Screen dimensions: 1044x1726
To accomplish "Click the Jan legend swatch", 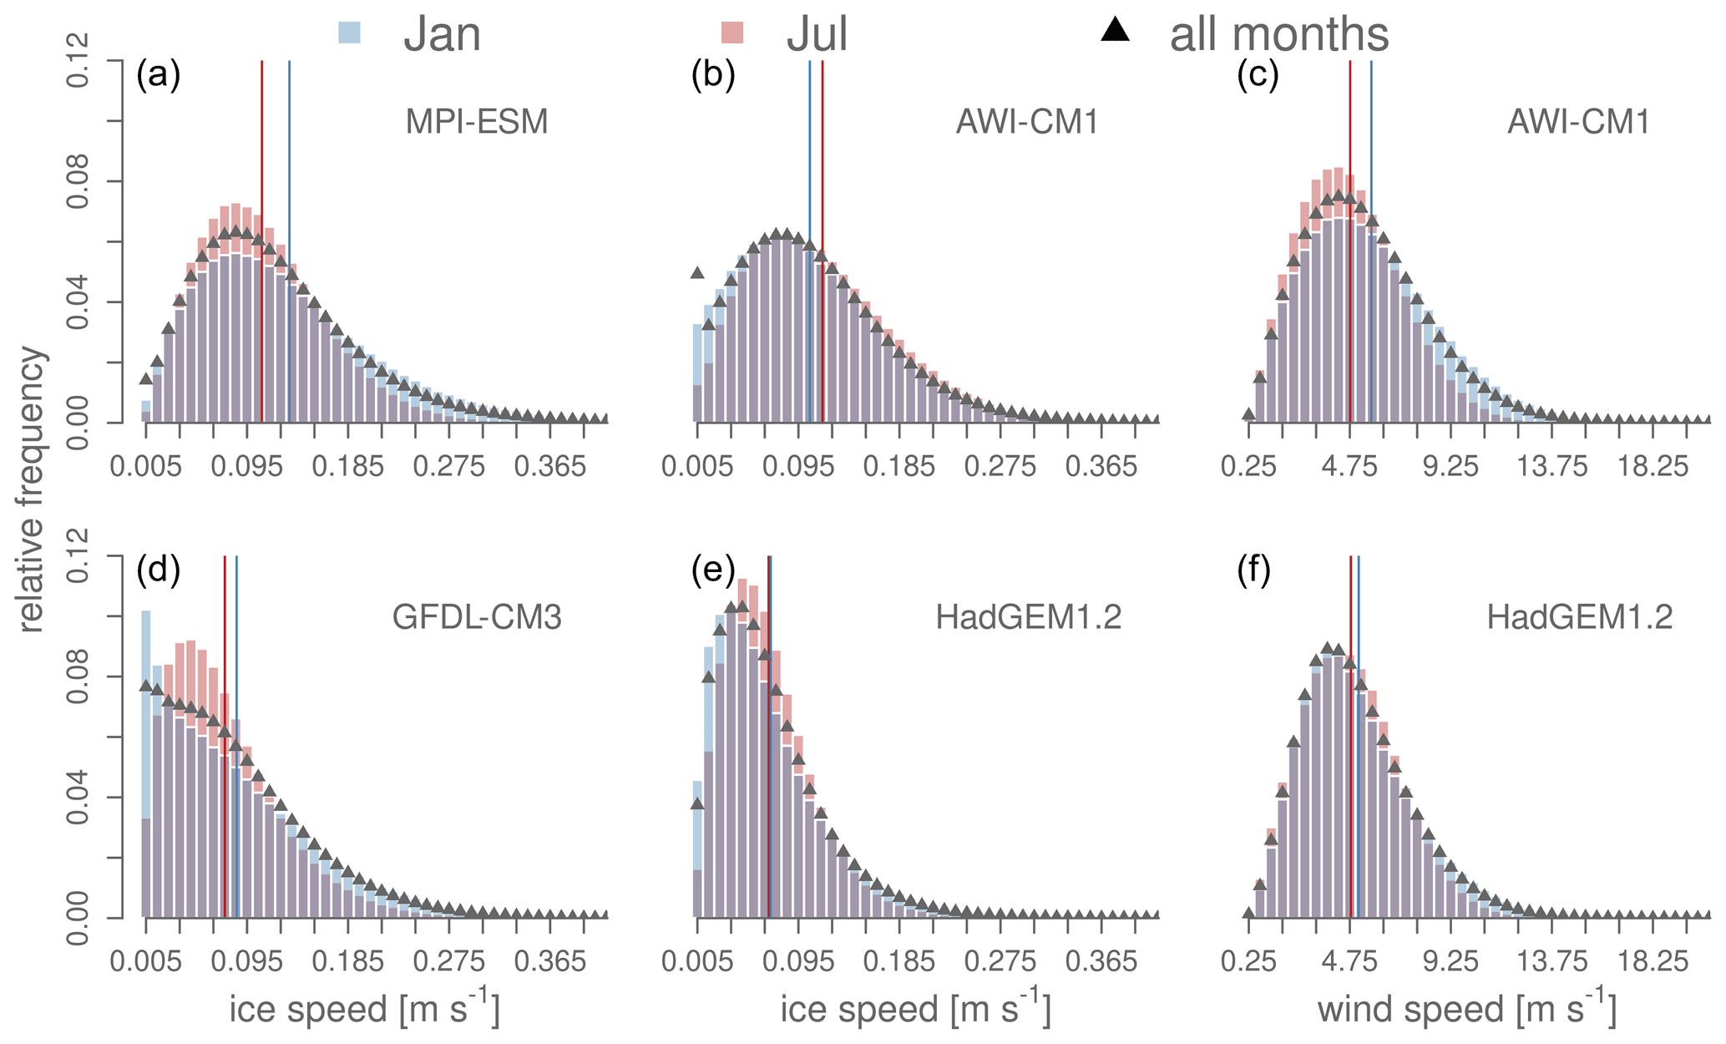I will [349, 33].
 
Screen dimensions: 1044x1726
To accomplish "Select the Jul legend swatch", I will [732, 33].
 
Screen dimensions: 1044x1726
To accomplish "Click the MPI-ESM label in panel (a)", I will [477, 123].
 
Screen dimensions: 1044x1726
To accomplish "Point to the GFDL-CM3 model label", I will [477, 618].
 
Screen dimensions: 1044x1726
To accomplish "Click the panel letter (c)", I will [1258, 75].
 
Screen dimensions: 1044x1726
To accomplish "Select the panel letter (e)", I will [713, 570].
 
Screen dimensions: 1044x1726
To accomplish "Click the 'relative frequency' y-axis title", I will [31, 489].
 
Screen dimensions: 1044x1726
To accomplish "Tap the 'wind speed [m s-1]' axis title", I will [1466, 1008].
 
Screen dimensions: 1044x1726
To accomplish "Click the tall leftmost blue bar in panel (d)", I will [146, 710].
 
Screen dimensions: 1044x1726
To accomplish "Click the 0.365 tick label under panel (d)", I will [550, 962].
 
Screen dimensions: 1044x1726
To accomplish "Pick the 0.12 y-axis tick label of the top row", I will [79, 61].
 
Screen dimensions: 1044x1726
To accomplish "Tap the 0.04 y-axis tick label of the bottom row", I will [79, 798].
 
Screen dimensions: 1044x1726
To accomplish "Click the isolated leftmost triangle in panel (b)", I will [697, 272].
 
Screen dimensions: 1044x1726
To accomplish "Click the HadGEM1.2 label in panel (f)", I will [1579, 618].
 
